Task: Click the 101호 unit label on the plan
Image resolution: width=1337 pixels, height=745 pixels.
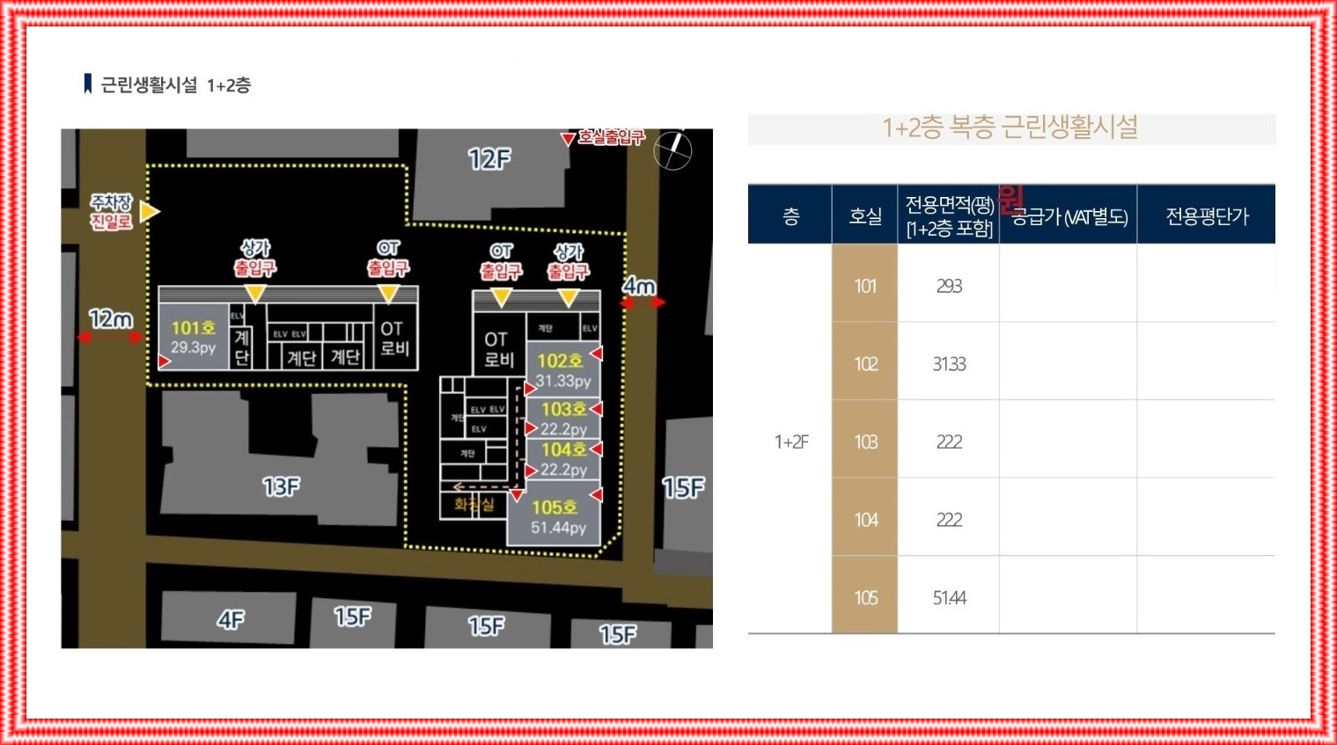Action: [193, 328]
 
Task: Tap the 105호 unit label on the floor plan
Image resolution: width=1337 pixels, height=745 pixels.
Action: [554, 508]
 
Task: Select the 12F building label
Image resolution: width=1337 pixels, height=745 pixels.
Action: [489, 160]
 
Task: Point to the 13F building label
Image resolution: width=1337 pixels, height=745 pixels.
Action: [282, 486]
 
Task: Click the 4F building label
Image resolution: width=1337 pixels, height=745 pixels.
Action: [231, 620]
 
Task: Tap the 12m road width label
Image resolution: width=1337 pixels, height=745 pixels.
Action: [111, 318]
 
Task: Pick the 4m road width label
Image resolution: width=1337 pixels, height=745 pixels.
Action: [640, 286]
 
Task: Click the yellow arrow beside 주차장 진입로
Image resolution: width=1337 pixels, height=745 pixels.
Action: [150, 211]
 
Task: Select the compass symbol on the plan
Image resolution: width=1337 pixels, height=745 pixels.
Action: [673, 150]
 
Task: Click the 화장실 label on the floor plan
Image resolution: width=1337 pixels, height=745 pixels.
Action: [474, 504]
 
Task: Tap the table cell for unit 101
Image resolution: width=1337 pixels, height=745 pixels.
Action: [864, 286]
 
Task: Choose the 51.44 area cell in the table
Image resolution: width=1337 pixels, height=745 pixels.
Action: [949, 598]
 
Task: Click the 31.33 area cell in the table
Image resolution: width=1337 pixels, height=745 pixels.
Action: [949, 364]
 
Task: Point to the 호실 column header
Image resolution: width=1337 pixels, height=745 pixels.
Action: [864, 215]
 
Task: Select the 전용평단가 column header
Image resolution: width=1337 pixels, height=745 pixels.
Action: [1207, 215]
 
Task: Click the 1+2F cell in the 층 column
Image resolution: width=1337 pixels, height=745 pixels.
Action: [790, 442]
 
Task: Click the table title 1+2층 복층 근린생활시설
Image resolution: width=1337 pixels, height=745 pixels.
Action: [1010, 128]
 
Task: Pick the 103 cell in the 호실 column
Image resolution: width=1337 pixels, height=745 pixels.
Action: [864, 442]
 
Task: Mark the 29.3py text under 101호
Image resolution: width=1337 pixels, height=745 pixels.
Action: [193, 347]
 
